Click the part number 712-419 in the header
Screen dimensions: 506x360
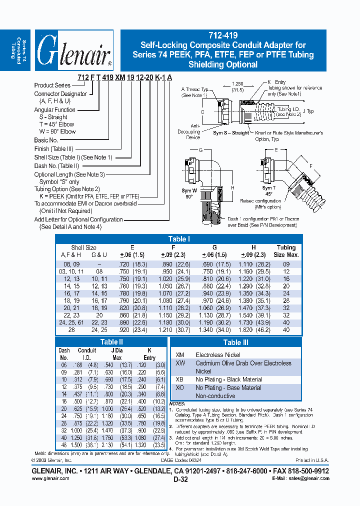(223, 35)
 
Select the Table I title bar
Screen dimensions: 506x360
(178, 239)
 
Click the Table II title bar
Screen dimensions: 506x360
(111, 342)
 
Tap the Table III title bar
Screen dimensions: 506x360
(235, 342)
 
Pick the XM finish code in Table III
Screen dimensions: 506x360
(180, 354)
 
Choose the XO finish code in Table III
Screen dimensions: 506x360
(180, 387)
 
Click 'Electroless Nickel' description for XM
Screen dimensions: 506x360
(218, 354)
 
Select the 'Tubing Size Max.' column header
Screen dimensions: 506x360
(286, 251)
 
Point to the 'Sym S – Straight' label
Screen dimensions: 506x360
(230, 133)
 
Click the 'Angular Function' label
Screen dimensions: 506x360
(54, 110)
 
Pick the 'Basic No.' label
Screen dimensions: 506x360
(46, 140)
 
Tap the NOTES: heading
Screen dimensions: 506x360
(177, 403)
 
